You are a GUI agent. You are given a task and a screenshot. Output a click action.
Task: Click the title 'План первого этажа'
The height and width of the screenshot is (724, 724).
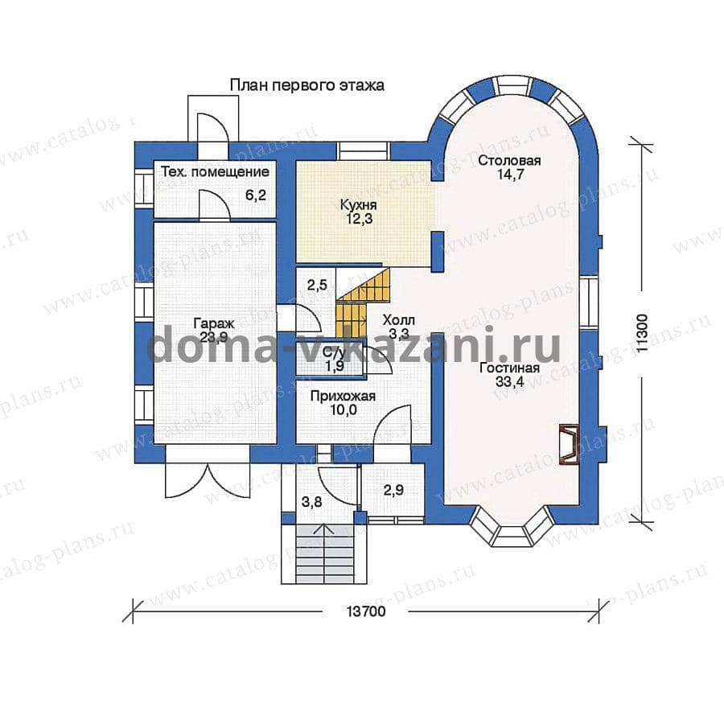[307, 85]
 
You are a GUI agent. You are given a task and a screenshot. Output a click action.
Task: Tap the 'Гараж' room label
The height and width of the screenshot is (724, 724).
[214, 323]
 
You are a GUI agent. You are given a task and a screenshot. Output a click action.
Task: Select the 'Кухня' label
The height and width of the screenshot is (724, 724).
[358, 204]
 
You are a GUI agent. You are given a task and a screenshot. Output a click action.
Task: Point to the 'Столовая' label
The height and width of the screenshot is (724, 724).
[509, 161]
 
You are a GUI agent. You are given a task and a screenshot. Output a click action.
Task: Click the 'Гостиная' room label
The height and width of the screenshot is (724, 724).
[509, 368]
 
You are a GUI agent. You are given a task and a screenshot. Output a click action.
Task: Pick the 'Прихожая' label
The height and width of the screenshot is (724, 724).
[343, 396]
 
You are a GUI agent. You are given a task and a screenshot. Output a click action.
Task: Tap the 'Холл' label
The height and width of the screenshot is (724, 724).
[399, 320]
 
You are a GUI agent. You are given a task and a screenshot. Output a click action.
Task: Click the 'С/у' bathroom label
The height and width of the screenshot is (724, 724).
[335, 354]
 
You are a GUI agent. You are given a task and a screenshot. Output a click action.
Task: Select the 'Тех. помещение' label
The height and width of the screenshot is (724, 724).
[215, 172]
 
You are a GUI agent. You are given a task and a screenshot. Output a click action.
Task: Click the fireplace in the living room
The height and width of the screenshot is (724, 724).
[569, 444]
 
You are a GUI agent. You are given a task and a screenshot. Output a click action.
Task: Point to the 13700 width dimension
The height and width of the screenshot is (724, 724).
[366, 612]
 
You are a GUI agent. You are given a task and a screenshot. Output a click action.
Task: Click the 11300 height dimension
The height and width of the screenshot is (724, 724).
[642, 333]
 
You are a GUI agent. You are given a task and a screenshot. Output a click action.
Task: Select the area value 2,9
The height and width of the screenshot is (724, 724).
[393, 490]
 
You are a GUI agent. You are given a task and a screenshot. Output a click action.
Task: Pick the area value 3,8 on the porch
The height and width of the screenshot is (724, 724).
[312, 502]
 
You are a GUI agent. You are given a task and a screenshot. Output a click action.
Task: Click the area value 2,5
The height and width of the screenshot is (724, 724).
[317, 285]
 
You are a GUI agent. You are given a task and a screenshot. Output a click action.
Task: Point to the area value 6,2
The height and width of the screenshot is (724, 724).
[256, 195]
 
